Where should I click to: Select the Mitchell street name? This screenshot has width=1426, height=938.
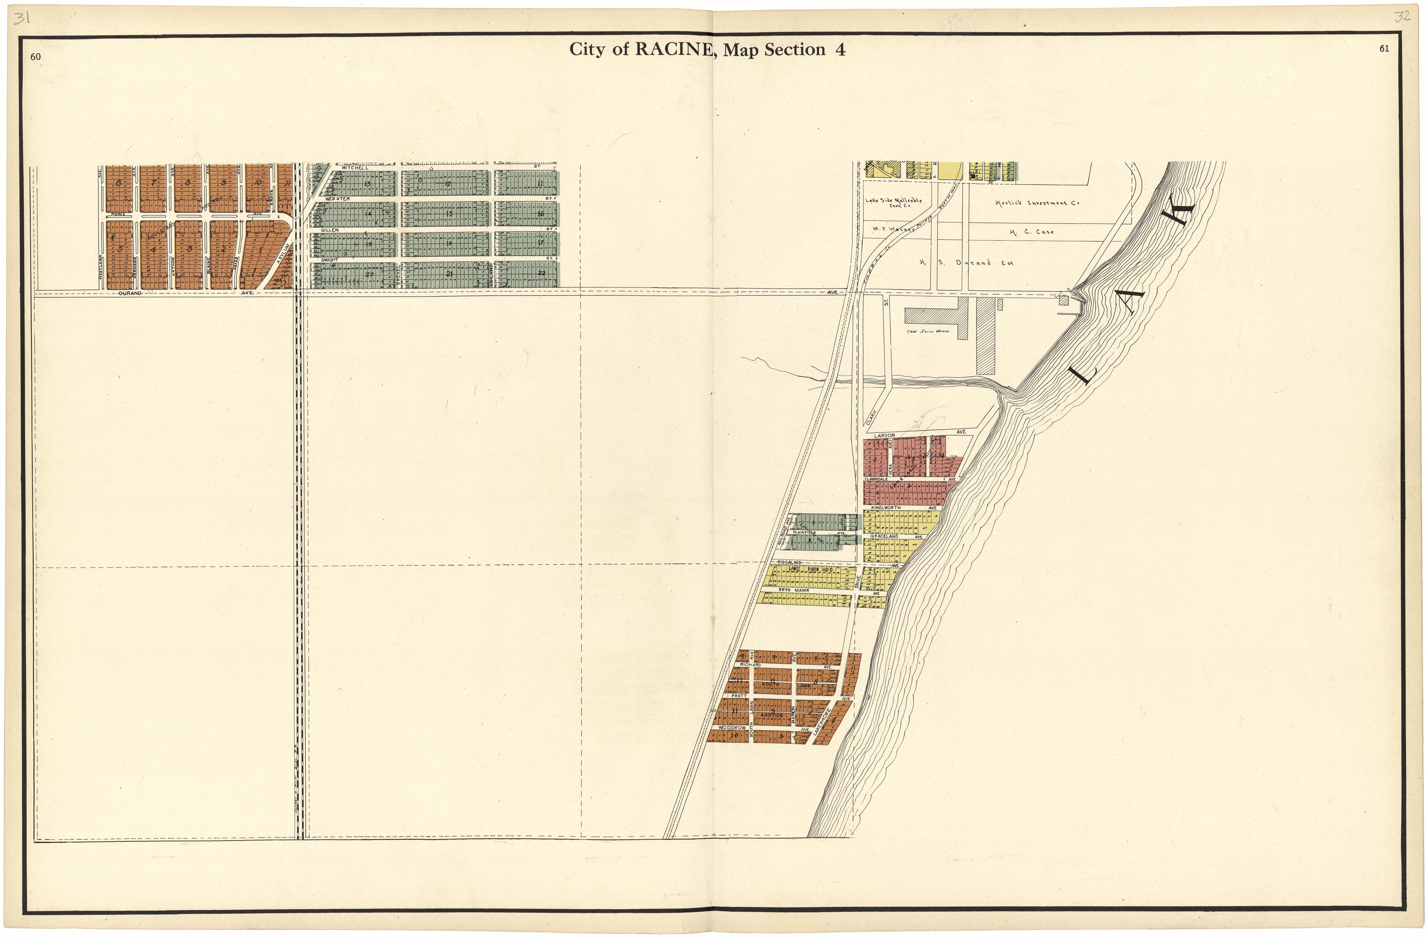tap(355, 168)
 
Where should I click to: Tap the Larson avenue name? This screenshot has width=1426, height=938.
tap(884, 435)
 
